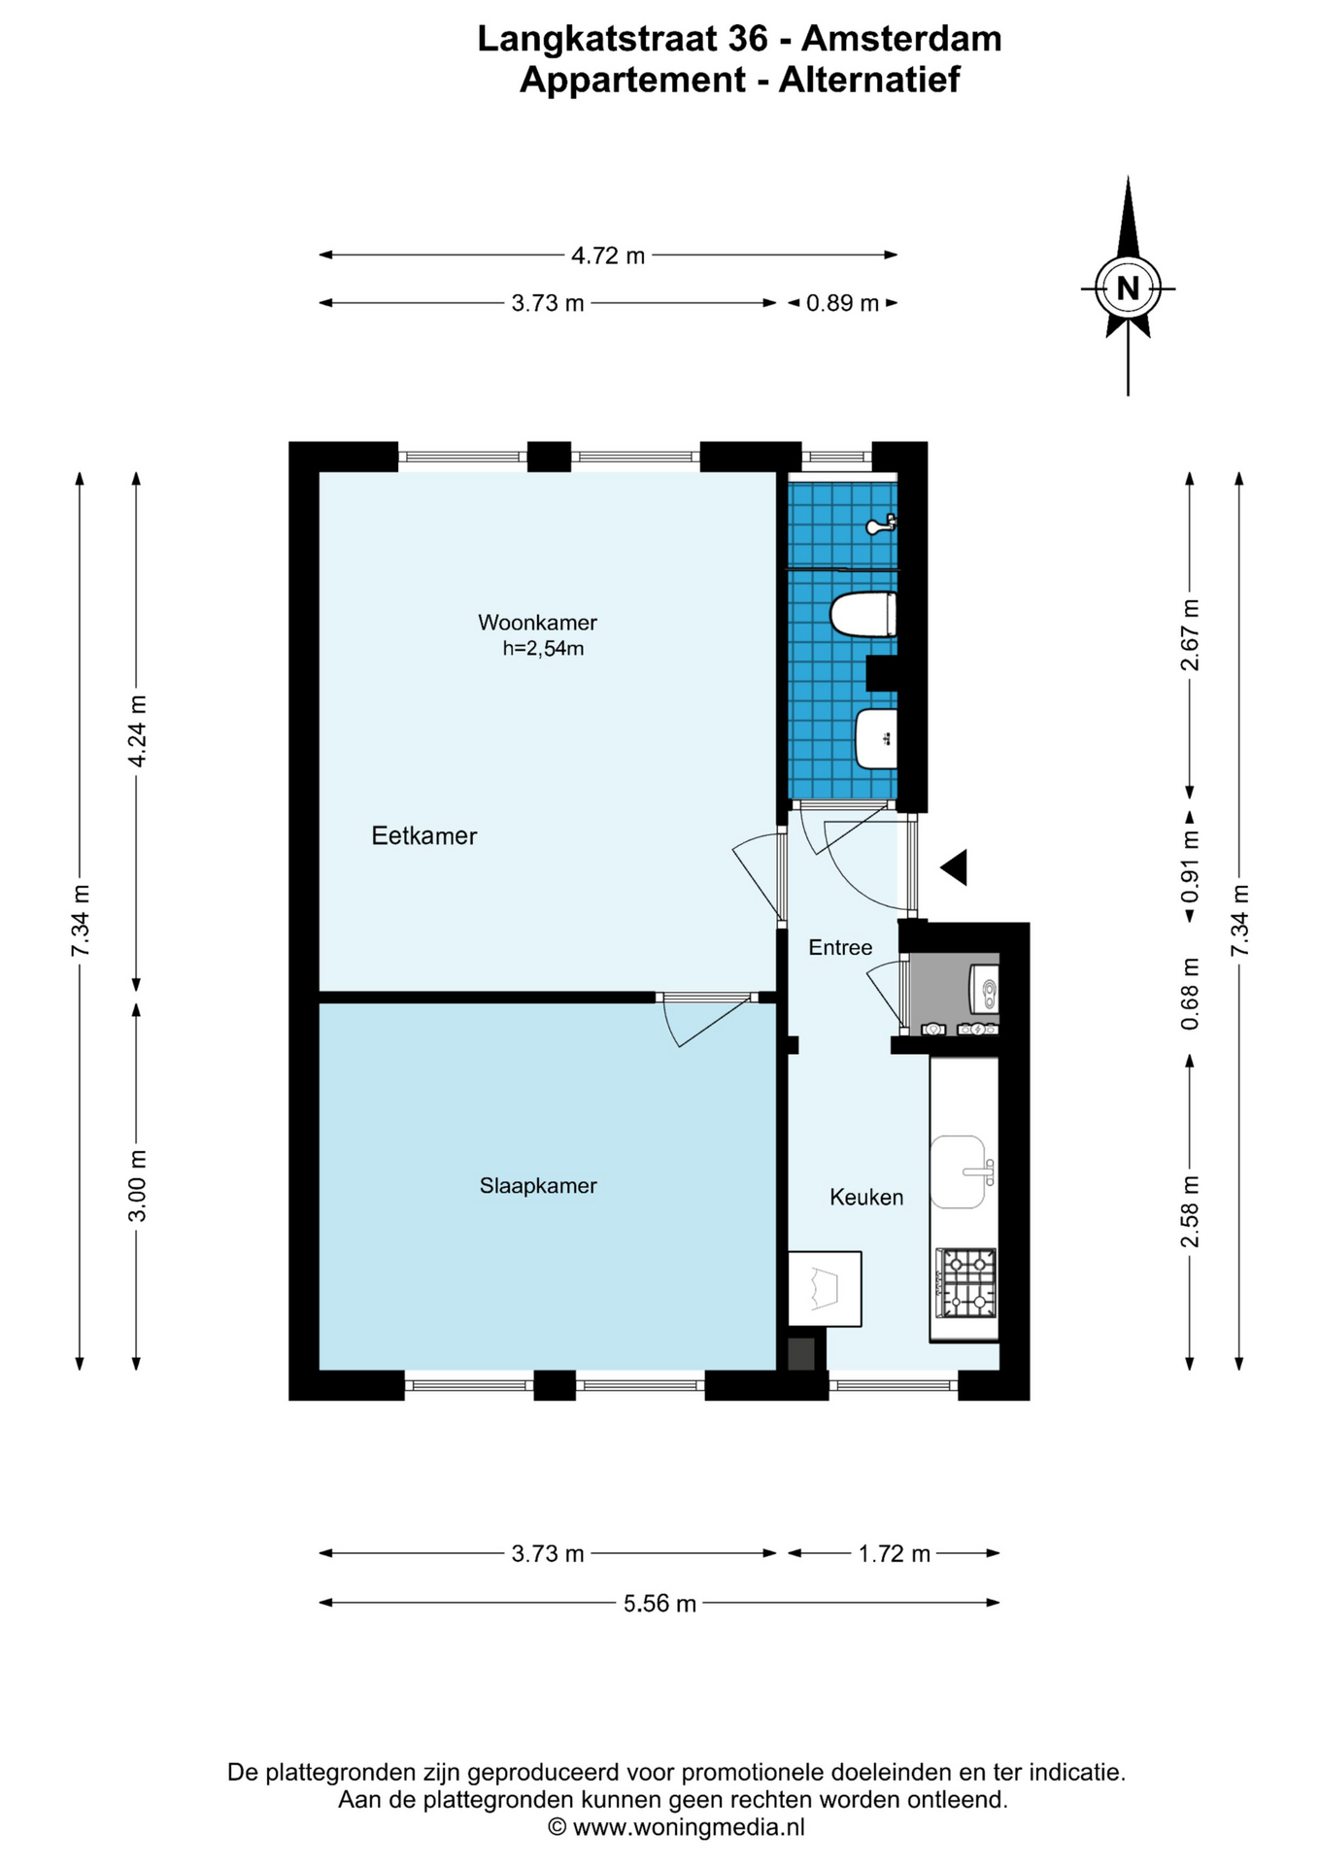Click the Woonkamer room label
(537, 622)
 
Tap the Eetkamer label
(424, 835)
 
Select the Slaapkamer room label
(538, 1185)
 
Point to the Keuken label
(866, 1197)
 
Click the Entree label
(840, 947)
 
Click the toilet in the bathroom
(862, 615)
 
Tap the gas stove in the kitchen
(965, 1282)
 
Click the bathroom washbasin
(876, 738)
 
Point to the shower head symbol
(881, 526)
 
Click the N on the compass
(1128, 288)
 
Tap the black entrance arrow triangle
(954, 866)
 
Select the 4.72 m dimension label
(608, 255)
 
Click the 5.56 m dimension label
(659, 1603)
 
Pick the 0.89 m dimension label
(842, 303)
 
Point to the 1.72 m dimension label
(894, 1554)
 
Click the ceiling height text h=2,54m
(543, 649)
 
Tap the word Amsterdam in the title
(901, 39)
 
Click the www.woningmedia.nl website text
(689, 1827)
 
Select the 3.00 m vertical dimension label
(137, 1186)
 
